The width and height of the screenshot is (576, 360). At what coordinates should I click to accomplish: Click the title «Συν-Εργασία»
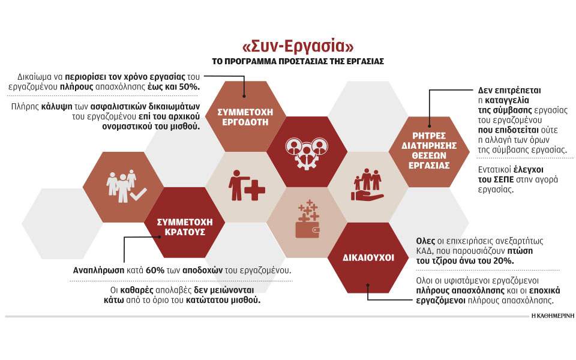coord(298,46)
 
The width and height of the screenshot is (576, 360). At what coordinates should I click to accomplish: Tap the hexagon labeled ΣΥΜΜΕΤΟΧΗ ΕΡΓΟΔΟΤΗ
coord(245,116)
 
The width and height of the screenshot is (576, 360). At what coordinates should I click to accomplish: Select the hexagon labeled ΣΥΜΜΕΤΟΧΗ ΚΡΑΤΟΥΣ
coord(184,223)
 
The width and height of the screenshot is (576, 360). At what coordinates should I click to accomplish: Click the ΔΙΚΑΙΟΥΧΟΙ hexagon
coord(368,258)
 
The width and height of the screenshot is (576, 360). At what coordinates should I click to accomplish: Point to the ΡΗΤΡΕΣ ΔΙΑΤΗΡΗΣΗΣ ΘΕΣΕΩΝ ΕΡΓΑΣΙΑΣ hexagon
coord(429,152)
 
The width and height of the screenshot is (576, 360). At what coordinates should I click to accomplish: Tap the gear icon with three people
coord(307,152)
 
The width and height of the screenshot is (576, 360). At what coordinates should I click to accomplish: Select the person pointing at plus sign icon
coord(247,185)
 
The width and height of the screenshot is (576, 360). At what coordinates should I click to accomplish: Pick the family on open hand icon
coord(367,184)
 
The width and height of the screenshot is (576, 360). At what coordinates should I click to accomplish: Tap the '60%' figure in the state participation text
coord(155,271)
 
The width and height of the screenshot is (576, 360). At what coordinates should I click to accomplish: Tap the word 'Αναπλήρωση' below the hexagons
coord(98,271)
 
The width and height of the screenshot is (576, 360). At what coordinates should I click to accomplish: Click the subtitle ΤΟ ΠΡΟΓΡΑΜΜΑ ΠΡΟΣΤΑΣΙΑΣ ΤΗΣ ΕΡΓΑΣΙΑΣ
coord(298,61)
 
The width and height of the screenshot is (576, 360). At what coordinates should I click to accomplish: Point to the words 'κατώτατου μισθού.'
coord(223,300)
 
